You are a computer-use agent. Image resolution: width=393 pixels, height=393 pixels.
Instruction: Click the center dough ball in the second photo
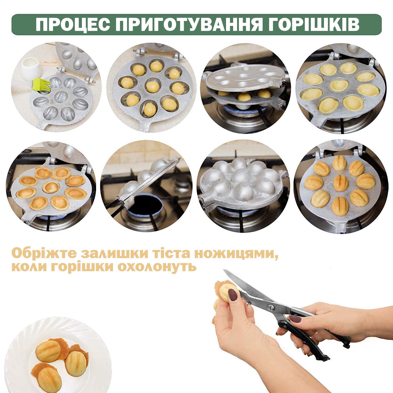(x=153, y=87)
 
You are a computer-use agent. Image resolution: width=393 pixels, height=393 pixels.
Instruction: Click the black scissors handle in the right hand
(x=315, y=341)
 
